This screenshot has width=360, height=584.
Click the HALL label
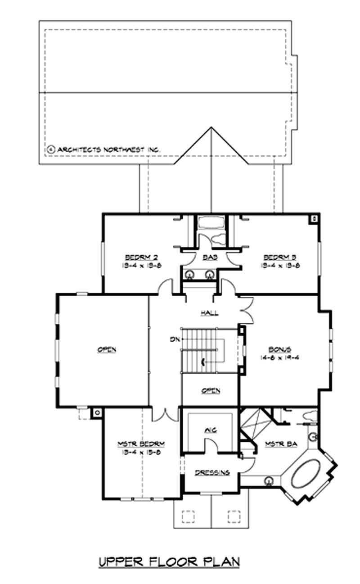coord(209,312)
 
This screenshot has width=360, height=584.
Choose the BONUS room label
coord(279,349)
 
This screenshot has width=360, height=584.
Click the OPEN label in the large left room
coord(107,349)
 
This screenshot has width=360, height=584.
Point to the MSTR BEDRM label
coord(141,444)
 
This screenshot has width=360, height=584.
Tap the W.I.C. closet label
coord(210,430)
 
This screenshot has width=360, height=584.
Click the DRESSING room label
coord(212,472)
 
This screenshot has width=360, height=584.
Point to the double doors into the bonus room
coord(246,311)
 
